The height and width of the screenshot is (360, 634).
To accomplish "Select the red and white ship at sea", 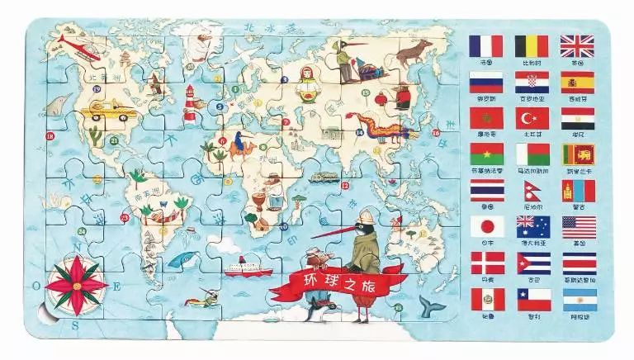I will coord(248,267).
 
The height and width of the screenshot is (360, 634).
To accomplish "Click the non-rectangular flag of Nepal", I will coord(529,191).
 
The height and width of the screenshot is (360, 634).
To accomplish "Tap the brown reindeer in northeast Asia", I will coord(409,53).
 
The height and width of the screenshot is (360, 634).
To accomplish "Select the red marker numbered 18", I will coord(50,135).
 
